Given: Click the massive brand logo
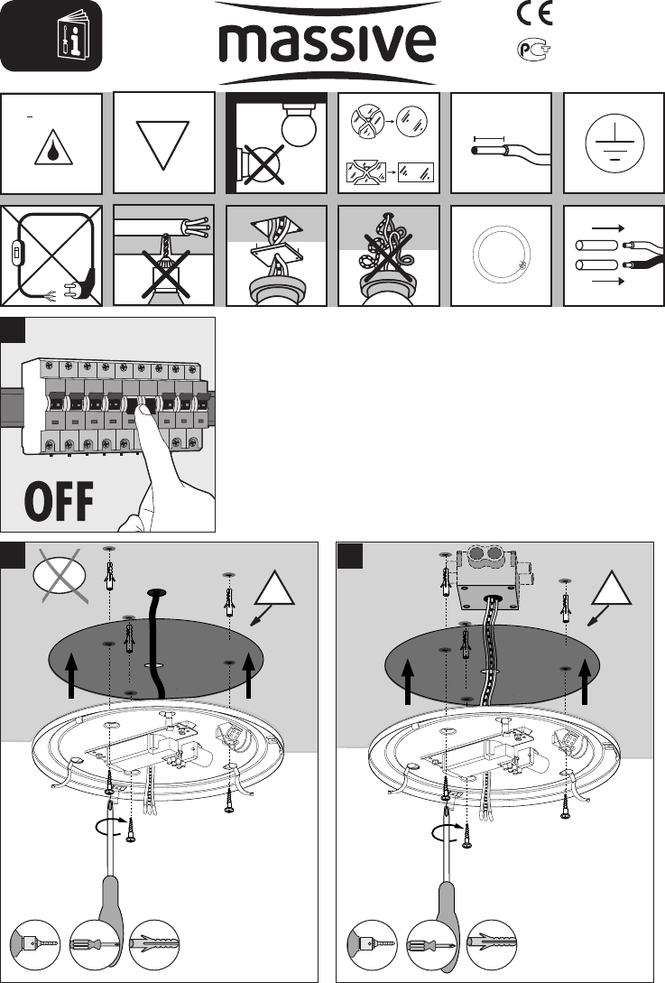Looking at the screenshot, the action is pyautogui.click(x=328, y=42).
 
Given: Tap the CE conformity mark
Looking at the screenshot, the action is pyautogui.click(x=535, y=14).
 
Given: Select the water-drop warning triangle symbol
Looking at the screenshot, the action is pyautogui.click(x=53, y=148).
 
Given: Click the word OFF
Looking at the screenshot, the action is pyautogui.click(x=59, y=501).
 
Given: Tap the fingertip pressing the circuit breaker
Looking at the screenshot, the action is pyautogui.click(x=143, y=410).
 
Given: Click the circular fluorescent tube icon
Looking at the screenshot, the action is pyautogui.click(x=502, y=255).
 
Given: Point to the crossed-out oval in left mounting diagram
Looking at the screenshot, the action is pyautogui.click(x=60, y=576).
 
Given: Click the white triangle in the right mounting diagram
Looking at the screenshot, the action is pyautogui.click(x=612, y=589).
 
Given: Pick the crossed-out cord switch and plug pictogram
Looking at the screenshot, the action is pyautogui.click(x=51, y=255).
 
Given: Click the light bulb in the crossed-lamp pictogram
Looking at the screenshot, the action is pyautogui.click(x=300, y=124).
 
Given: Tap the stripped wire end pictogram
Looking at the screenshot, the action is pyautogui.click(x=502, y=148).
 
